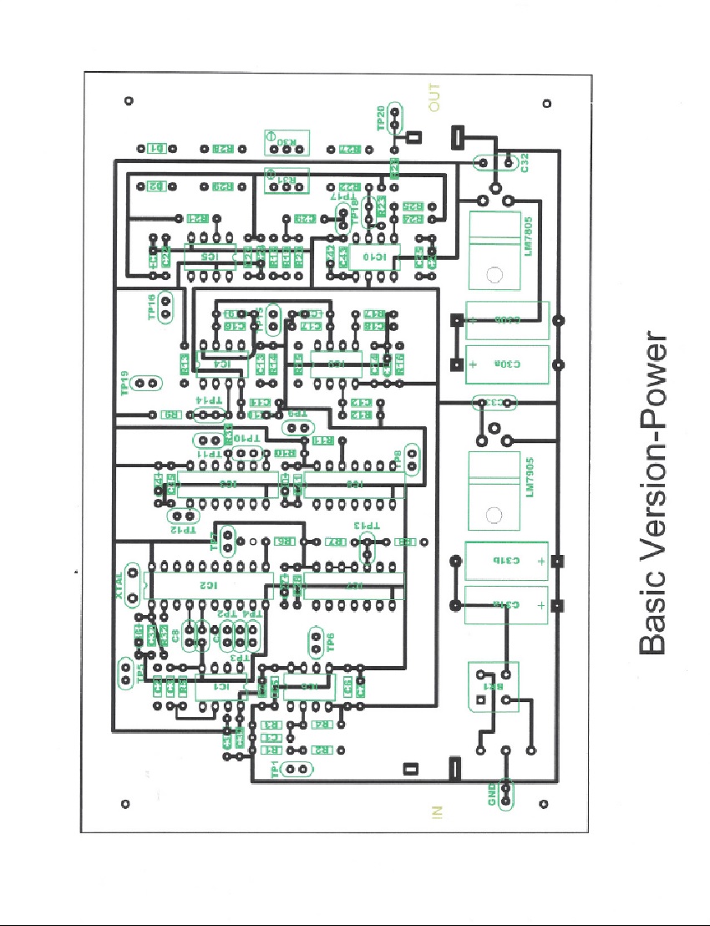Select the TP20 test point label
[382, 119]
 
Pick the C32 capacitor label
[524, 163]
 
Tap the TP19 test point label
[124, 384]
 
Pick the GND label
[492, 792]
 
